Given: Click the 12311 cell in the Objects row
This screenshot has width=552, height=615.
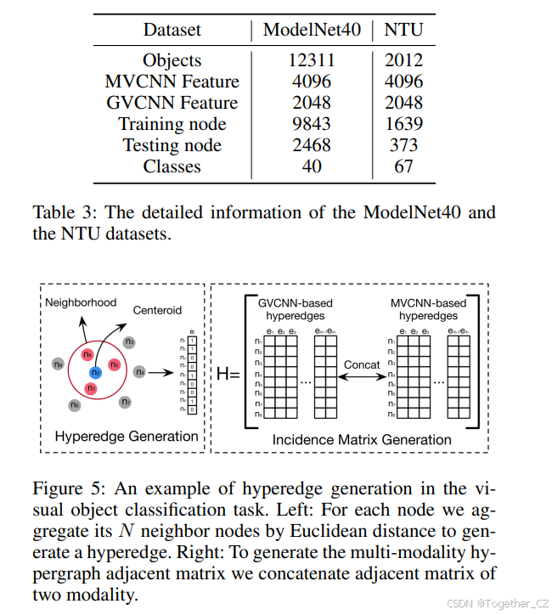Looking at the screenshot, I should click(312, 60).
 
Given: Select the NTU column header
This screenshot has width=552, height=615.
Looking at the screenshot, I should click(403, 30).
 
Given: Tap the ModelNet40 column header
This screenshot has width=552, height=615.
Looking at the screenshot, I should click(312, 30).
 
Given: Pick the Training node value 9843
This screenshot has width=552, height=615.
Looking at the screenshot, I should click(312, 124).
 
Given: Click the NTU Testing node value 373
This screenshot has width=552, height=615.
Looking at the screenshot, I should click(403, 145).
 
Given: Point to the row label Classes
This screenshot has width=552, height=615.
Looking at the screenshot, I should click(172, 166).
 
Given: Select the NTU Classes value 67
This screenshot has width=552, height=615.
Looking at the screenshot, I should click(403, 166).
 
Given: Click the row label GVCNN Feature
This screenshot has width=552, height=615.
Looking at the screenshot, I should click(172, 103).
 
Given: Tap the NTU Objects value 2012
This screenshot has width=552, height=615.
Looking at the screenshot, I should click(403, 60).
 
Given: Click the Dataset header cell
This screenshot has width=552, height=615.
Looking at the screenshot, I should click(172, 30).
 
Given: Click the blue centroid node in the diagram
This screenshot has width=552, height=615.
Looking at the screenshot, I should click(96, 371).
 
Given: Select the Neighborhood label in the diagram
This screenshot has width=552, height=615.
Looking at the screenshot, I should click(81, 302).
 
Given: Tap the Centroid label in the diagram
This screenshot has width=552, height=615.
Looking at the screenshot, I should click(156, 311).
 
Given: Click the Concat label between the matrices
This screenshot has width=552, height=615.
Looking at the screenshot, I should click(362, 364).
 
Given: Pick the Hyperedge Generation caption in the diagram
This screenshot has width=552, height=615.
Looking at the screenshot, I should click(127, 437).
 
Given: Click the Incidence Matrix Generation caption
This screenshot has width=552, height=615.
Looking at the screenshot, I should click(362, 440).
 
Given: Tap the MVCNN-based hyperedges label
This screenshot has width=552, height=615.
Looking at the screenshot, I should click(428, 308).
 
